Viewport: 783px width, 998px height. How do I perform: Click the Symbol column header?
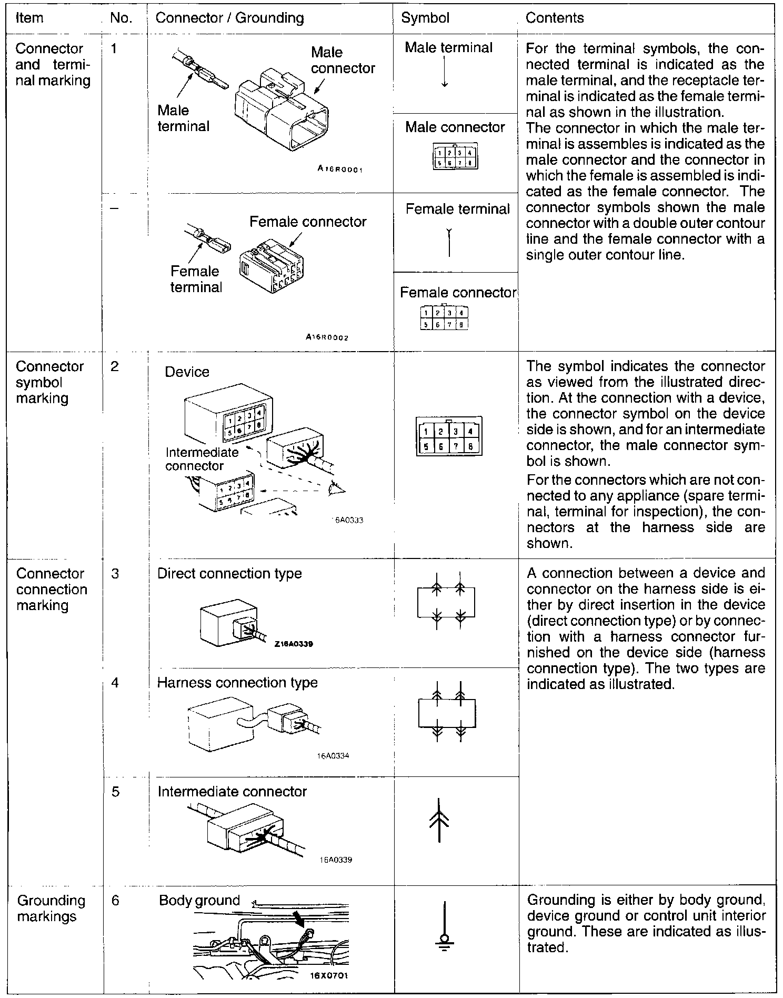(425, 18)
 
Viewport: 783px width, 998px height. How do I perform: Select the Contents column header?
(555, 18)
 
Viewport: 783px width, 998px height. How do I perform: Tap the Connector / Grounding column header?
(230, 18)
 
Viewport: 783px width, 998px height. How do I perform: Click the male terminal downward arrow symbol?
(445, 72)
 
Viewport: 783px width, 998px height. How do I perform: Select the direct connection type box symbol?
(446, 602)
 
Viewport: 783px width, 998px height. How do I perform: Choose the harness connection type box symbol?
(447, 712)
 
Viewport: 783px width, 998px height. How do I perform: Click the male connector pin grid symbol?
(455, 157)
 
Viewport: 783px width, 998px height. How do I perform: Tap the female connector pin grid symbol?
(445, 318)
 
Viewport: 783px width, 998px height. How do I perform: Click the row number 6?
(115, 901)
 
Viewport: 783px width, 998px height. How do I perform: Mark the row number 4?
(115, 683)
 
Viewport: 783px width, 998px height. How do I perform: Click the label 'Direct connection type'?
(229, 573)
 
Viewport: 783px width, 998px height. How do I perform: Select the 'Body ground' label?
(199, 901)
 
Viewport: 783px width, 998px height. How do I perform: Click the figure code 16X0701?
(329, 975)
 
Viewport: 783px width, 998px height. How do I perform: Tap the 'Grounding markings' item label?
(51, 908)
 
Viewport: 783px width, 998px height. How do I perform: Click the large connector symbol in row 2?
(449, 437)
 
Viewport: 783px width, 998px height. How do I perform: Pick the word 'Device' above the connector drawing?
(187, 372)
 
